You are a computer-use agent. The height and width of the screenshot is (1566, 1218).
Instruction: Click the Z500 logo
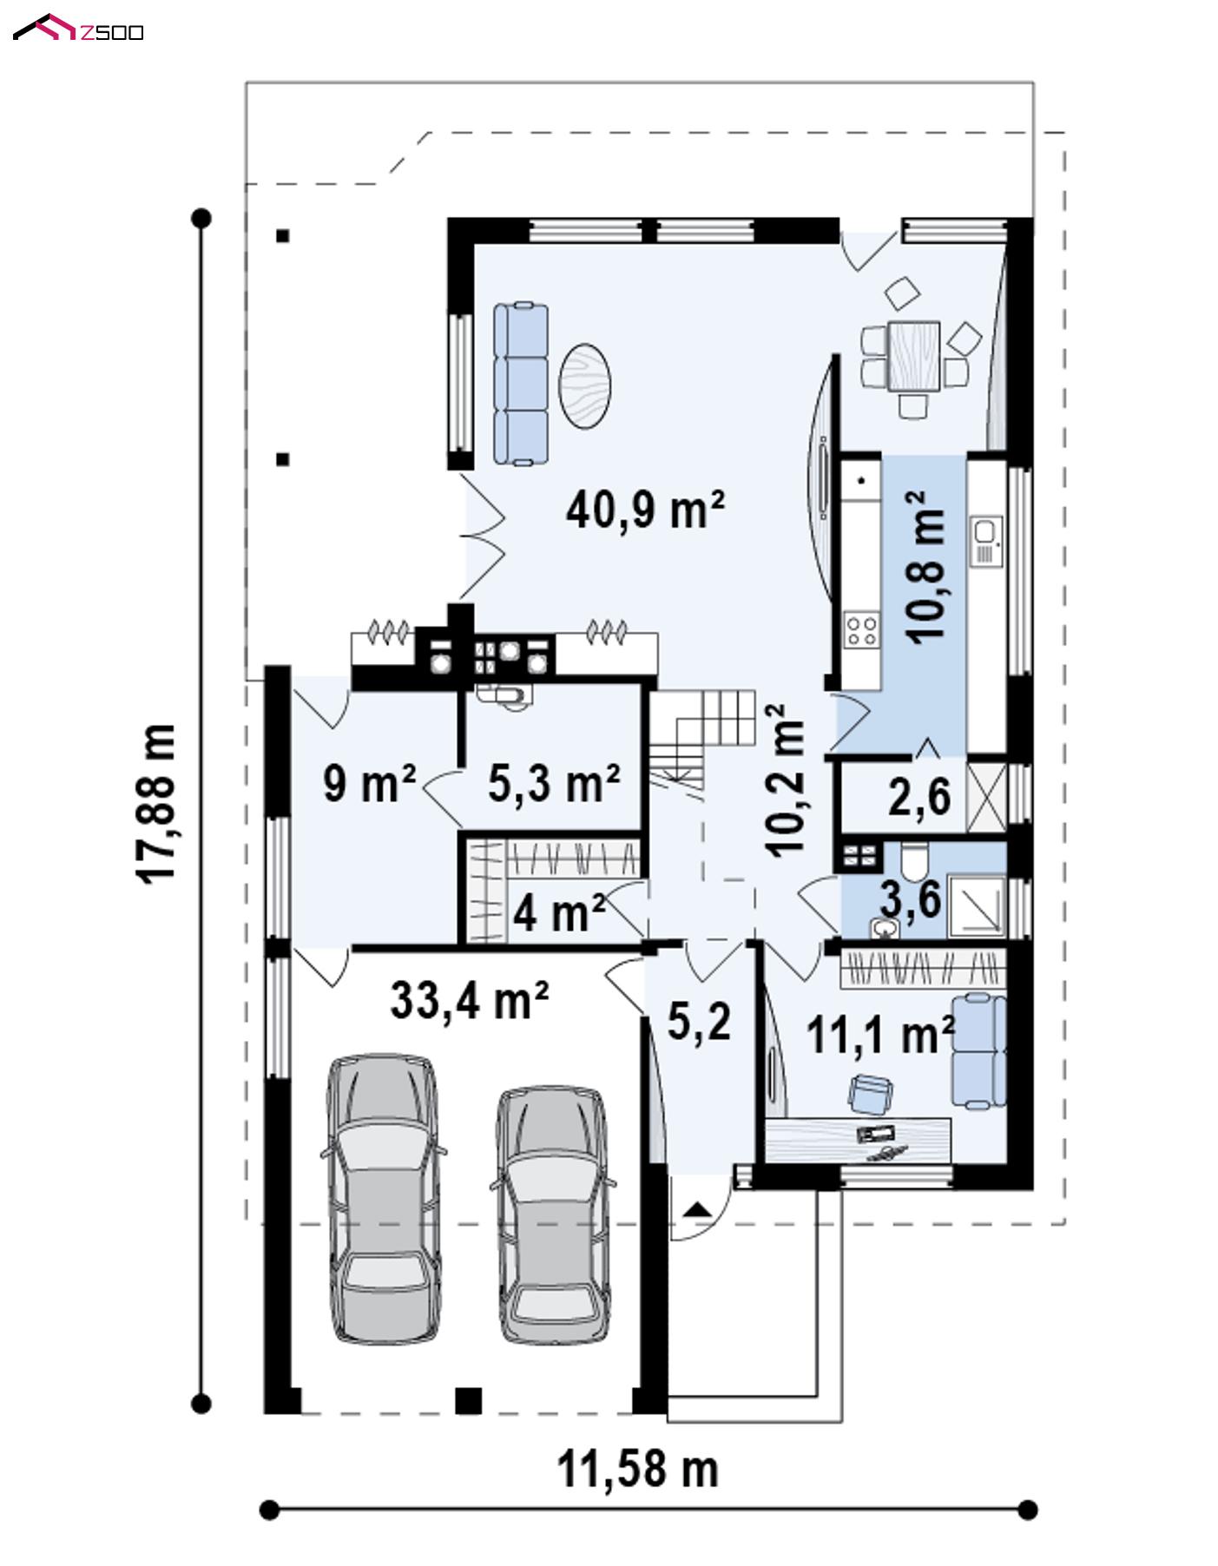[x=78, y=30]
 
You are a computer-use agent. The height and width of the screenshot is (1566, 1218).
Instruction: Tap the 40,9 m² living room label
[x=645, y=509]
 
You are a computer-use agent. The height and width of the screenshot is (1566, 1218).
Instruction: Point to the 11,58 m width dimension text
[x=637, y=1469]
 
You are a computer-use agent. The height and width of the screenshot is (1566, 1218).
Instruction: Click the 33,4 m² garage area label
[x=469, y=999]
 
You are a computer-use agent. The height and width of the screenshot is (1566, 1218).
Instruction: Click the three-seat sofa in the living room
[x=521, y=384]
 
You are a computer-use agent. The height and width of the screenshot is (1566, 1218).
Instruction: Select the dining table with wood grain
[x=913, y=356]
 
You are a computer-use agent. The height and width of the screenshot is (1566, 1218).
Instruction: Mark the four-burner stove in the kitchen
[x=861, y=629]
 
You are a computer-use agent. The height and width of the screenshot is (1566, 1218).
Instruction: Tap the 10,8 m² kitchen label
[x=925, y=566]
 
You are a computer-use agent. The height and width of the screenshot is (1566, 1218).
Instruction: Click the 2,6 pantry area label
[x=918, y=796]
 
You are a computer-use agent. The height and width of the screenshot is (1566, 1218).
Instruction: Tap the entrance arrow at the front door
[x=695, y=1208]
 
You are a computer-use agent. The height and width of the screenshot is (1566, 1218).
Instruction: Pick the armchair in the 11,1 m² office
[x=870, y=1093]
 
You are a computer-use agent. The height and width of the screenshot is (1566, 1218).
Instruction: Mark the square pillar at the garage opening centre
[x=468, y=1401]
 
